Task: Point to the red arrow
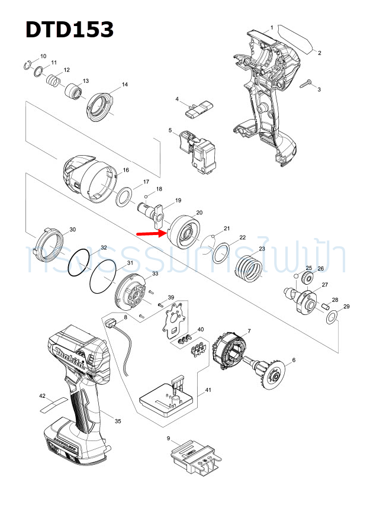click(x=150, y=233)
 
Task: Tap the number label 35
click(x=118, y=421)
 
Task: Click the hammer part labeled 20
click(x=182, y=232)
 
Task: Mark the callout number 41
click(x=207, y=390)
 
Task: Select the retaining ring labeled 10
click(x=28, y=65)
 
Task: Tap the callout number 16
click(x=126, y=171)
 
